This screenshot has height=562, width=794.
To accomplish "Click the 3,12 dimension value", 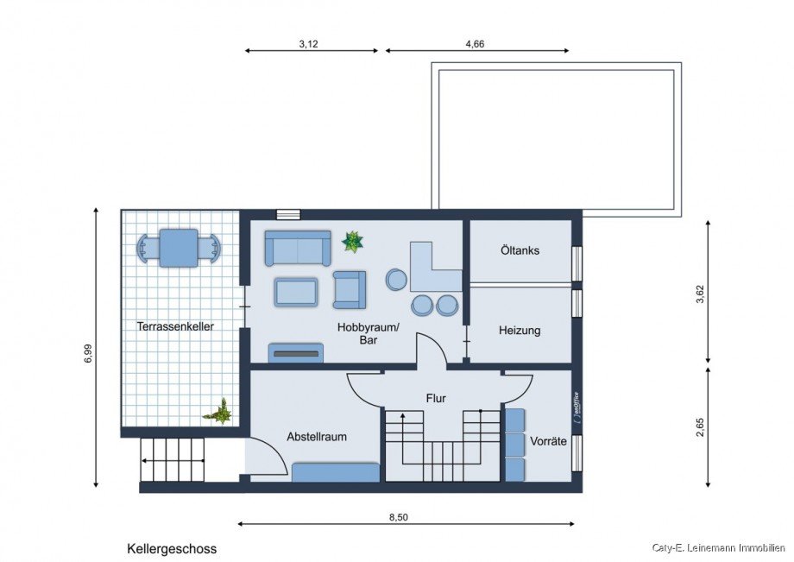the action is pyautogui.click(x=308, y=44).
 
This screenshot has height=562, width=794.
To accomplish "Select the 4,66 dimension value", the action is pyautogui.click(x=475, y=44).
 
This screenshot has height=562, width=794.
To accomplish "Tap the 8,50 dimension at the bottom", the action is pyautogui.click(x=399, y=517).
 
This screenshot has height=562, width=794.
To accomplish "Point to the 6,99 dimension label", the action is pyautogui.click(x=89, y=353).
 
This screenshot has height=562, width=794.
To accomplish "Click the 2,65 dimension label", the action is pyautogui.click(x=700, y=426).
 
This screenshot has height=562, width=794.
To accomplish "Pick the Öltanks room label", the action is pyautogui.click(x=520, y=250).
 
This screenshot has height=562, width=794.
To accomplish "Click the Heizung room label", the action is pyautogui.click(x=520, y=330).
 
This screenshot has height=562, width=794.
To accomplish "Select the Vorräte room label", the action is pyautogui.click(x=548, y=441).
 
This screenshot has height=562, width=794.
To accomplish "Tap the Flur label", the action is pyautogui.click(x=436, y=399).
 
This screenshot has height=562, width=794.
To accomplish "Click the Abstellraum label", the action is pyautogui.click(x=317, y=437).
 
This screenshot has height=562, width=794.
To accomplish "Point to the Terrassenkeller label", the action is pyautogui.click(x=175, y=326).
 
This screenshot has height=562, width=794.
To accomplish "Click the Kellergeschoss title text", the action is pyautogui.click(x=172, y=549).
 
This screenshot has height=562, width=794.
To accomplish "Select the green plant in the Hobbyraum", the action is pyautogui.click(x=352, y=242).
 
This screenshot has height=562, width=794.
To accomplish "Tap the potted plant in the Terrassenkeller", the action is pyautogui.click(x=218, y=412).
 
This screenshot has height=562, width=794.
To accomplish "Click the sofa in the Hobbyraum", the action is pyautogui.click(x=298, y=248).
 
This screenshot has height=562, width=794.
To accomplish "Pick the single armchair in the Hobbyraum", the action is pyautogui.click(x=350, y=289).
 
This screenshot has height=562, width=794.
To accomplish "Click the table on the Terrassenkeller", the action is pyautogui.click(x=179, y=248).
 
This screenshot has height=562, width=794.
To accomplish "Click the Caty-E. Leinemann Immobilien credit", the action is pyautogui.click(x=718, y=547).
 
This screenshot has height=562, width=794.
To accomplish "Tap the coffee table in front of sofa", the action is pyautogui.click(x=296, y=292).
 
